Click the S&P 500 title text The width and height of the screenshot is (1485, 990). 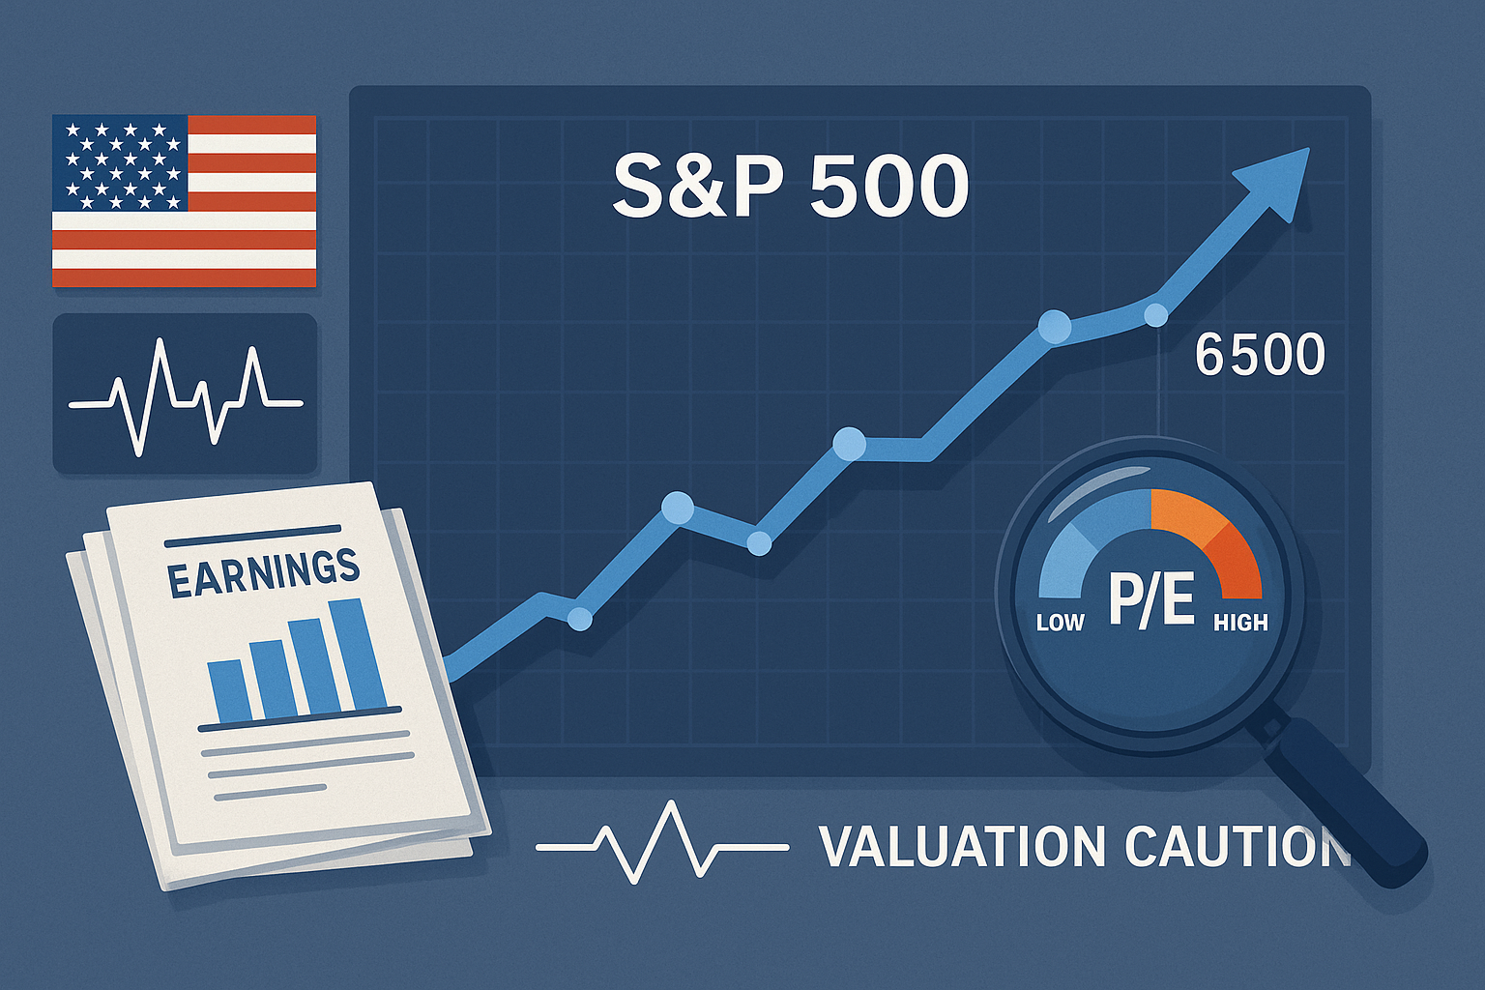(x=789, y=187)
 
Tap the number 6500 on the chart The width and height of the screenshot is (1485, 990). (x=1260, y=356)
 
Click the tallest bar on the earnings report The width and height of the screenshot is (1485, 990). (x=358, y=654)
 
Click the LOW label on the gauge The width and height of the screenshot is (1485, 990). (x=1060, y=622)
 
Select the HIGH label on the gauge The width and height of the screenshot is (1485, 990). (x=1240, y=622)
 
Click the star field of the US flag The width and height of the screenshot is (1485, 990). (x=120, y=163)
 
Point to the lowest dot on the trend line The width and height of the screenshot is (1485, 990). (x=580, y=618)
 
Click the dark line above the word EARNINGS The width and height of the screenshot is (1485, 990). (x=252, y=536)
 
